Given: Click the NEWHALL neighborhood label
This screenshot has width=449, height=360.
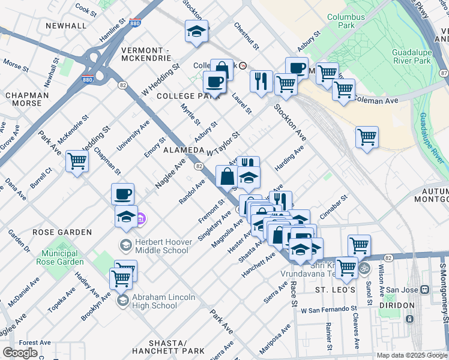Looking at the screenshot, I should [67, 26].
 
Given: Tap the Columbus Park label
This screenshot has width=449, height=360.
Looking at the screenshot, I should [346, 22].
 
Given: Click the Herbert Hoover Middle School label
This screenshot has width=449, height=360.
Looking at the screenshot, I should [157, 246].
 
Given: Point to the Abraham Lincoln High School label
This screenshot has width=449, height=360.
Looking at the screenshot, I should [155, 301].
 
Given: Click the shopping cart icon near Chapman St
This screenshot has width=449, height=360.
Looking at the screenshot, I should [77, 161].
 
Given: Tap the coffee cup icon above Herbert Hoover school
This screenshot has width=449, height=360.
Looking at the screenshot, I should [122, 194].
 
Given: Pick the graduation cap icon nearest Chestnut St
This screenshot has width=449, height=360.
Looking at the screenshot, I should [196, 31].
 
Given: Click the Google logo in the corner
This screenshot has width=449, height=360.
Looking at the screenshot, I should [20, 352].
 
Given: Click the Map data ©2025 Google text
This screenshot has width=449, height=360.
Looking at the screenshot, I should [411, 355].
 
